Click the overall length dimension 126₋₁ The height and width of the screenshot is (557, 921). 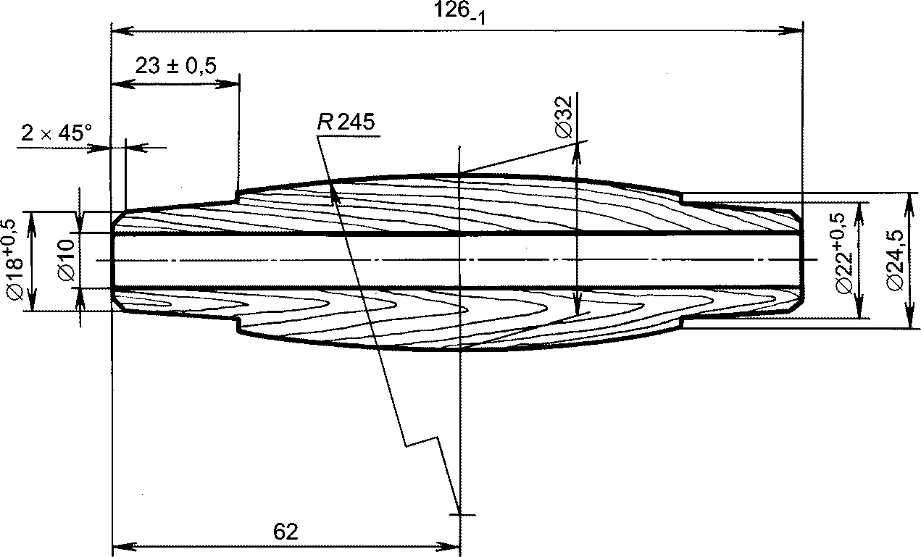459,13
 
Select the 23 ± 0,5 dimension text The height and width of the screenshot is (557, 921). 175,66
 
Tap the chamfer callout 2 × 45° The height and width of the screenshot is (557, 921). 57,133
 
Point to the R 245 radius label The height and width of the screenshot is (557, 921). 346,122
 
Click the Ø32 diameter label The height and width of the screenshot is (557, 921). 563,117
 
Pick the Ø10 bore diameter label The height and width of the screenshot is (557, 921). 66,261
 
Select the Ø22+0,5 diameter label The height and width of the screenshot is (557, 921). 846,254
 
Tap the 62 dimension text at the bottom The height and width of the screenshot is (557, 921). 286,532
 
